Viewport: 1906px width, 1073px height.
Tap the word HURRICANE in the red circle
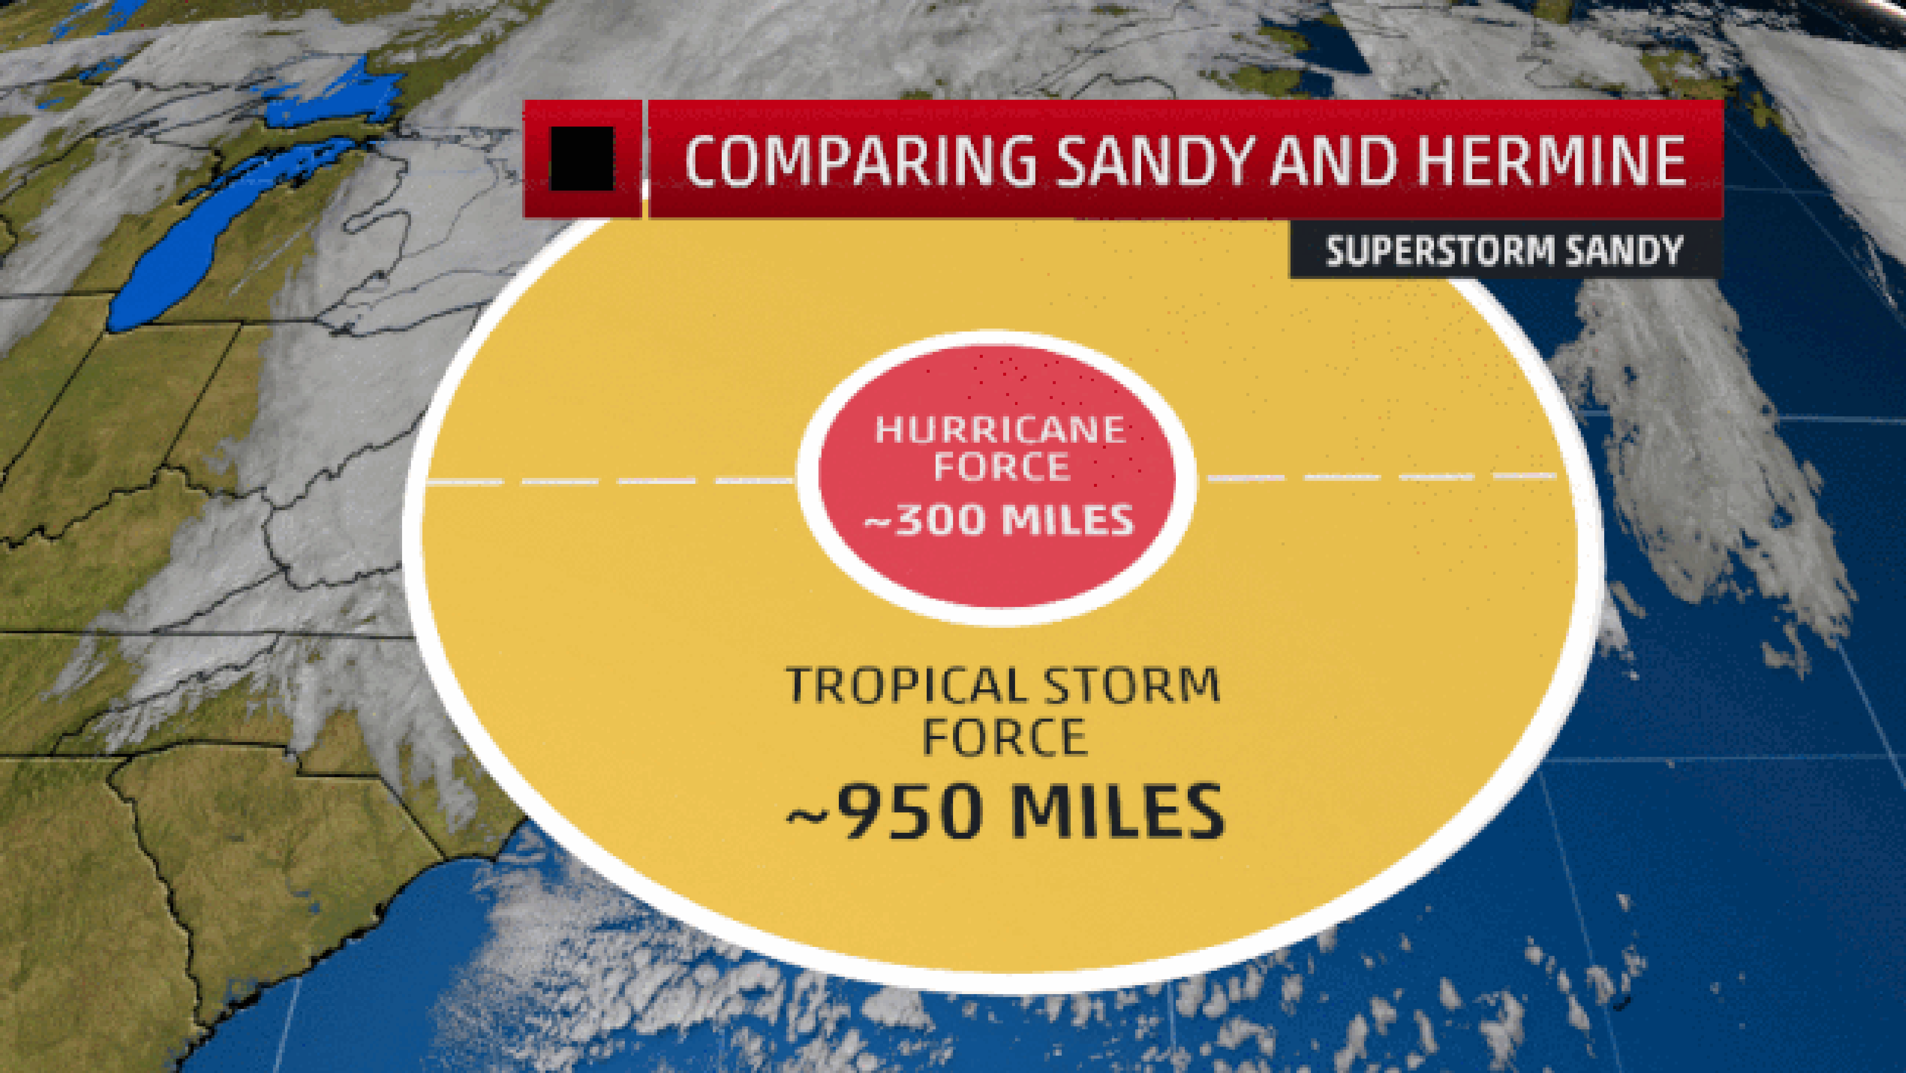pos(1000,430)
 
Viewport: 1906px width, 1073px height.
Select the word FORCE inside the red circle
pos(1002,467)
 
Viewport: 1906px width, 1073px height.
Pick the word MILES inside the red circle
pos(1068,520)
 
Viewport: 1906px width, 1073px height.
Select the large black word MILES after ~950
pos(1117,812)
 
